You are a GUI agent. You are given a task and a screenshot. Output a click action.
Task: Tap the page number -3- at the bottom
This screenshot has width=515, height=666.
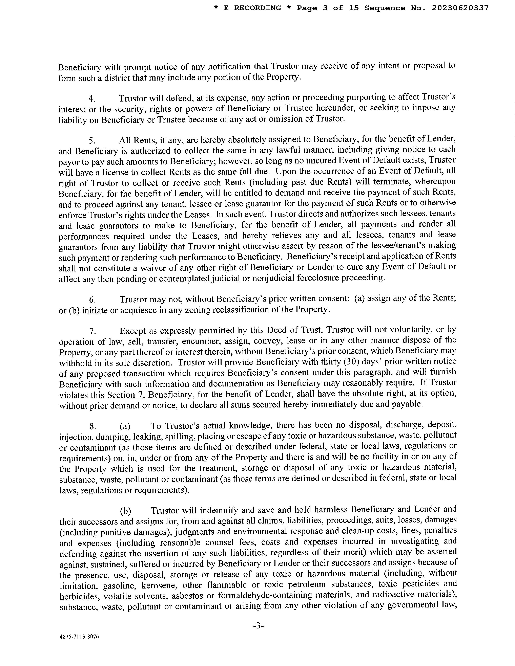click(258, 626)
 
